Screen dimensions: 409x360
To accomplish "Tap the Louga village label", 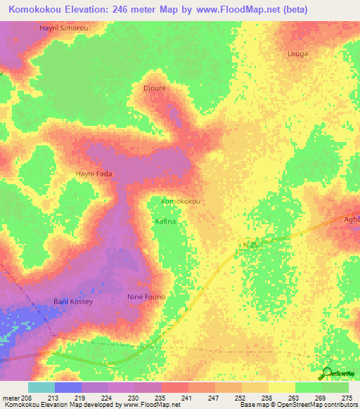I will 298,53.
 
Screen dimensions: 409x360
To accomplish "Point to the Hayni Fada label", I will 94,174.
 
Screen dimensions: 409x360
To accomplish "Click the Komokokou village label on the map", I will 181,201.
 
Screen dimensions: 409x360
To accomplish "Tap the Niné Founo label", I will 146,297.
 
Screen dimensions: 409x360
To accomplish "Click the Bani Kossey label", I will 74,301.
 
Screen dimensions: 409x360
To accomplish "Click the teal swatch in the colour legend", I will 41,387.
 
